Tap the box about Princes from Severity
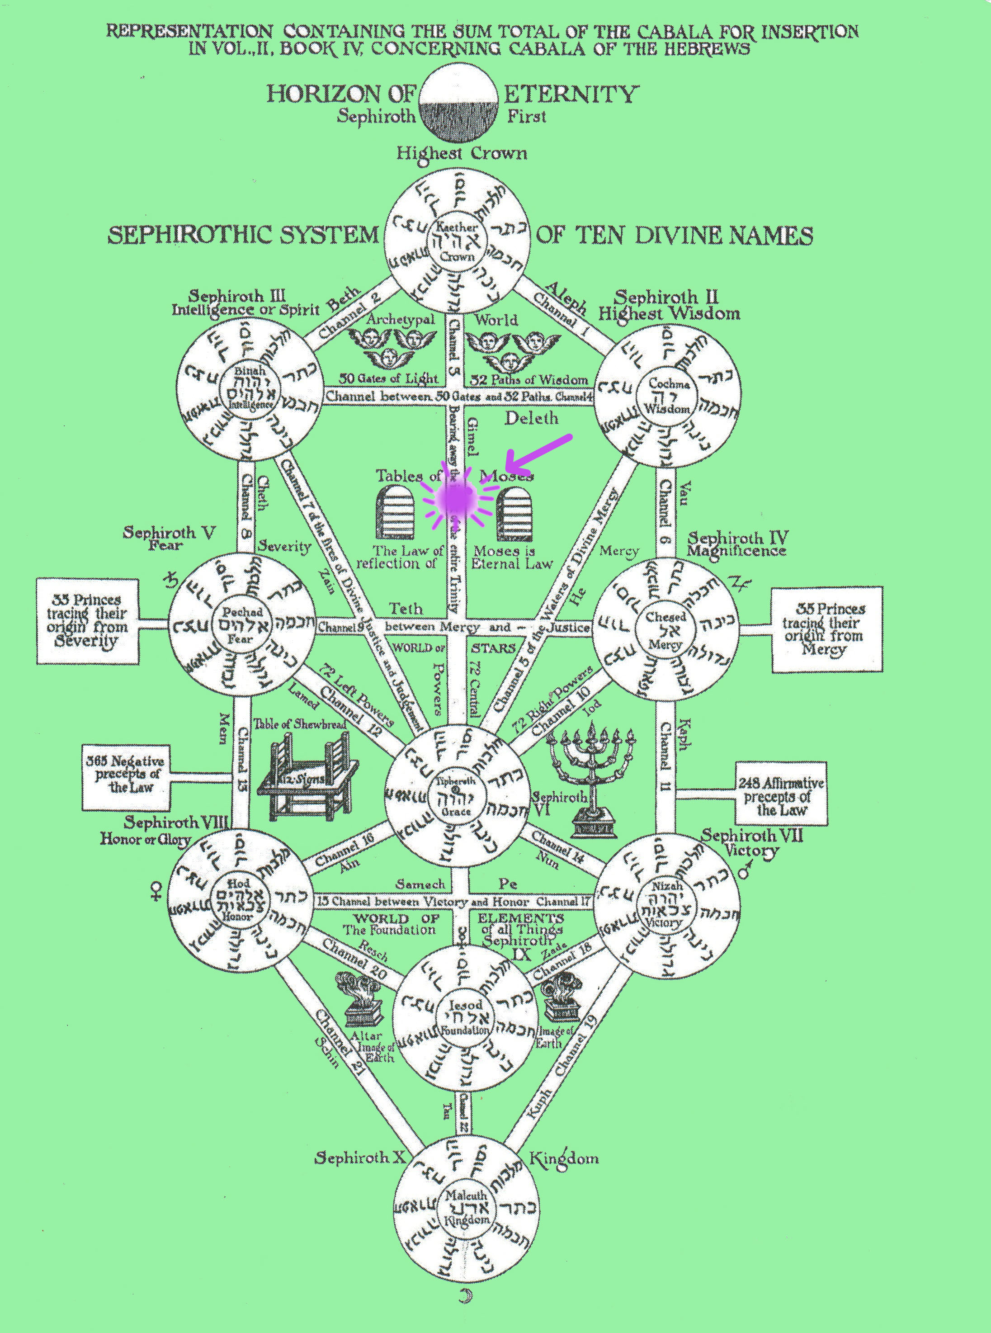coord(88,620)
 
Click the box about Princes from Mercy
coord(826,629)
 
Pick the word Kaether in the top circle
coord(457,227)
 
